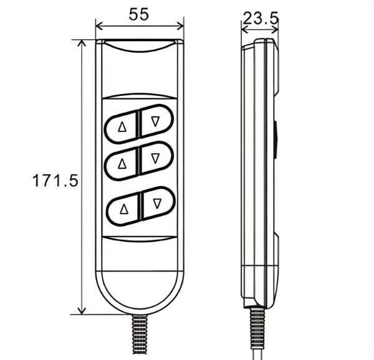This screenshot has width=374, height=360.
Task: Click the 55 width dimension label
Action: click(x=139, y=14)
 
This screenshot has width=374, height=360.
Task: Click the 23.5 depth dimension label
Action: click(x=261, y=18)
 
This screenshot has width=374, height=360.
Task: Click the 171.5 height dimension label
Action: click(x=55, y=181)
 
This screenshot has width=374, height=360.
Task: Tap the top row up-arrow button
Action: click(x=122, y=127)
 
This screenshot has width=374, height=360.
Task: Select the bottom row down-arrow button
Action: click(x=157, y=204)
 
